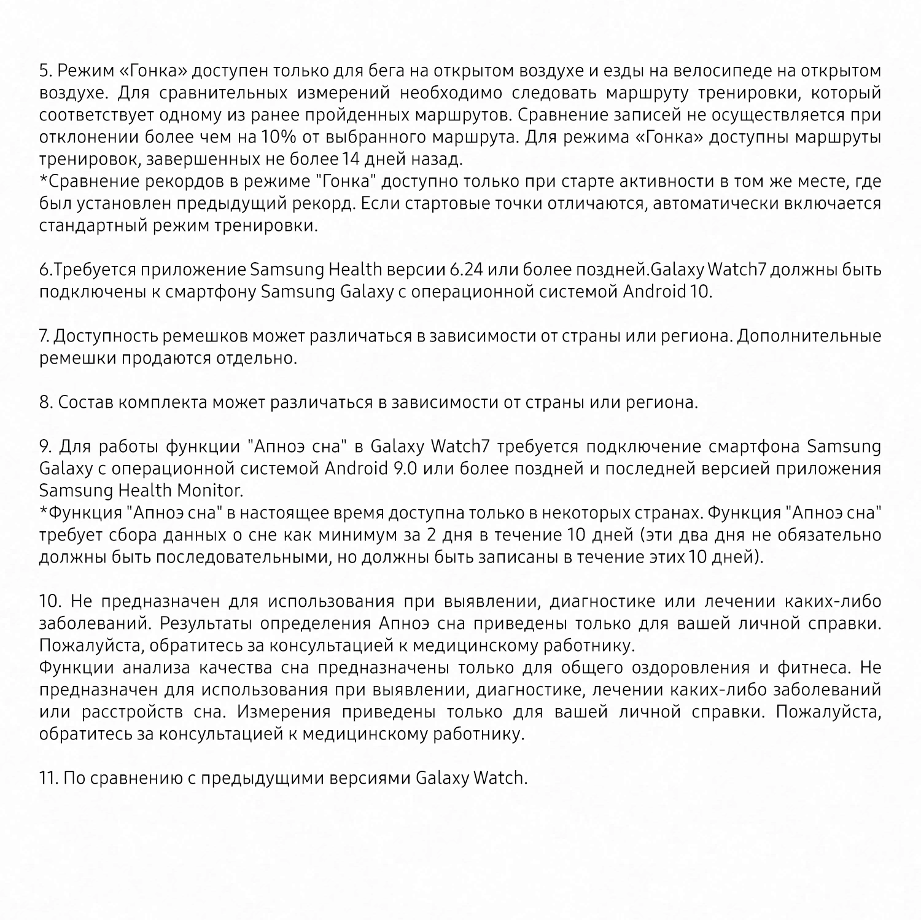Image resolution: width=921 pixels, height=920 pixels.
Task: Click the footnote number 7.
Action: [44, 337]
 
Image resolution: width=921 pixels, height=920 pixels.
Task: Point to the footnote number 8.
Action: [45, 403]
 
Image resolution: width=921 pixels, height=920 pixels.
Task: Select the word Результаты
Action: [204, 624]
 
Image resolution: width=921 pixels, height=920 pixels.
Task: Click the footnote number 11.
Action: [49, 779]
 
